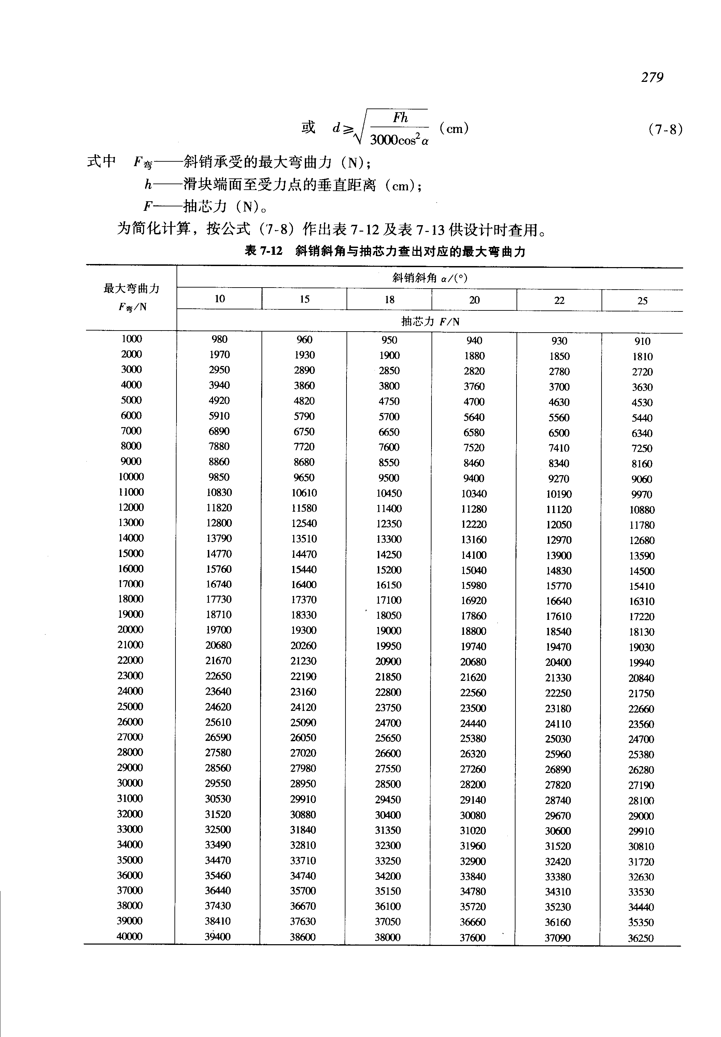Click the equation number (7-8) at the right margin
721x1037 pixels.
click(x=665, y=130)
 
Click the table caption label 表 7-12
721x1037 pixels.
click(x=263, y=251)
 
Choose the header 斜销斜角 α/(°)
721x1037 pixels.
click(x=429, y=278)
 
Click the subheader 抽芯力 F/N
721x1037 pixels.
click(x=430, y=321)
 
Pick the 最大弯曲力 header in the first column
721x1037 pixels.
click(x=131, y=289)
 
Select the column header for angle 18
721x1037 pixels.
click(x=390, y=300)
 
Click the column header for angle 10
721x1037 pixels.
click(x=220, y=299)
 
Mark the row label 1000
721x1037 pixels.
click(x=131, y=339)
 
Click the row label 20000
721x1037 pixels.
click(x=130, y=630)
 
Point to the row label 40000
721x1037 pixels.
click(x=130, y=936)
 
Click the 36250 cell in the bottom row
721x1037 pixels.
click(x=640, y=938)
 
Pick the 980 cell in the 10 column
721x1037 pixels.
click(x=220, y=339)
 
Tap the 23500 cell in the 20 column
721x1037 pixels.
click(x=473, y=708)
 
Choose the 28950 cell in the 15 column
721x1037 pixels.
click(x=303, y=784)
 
